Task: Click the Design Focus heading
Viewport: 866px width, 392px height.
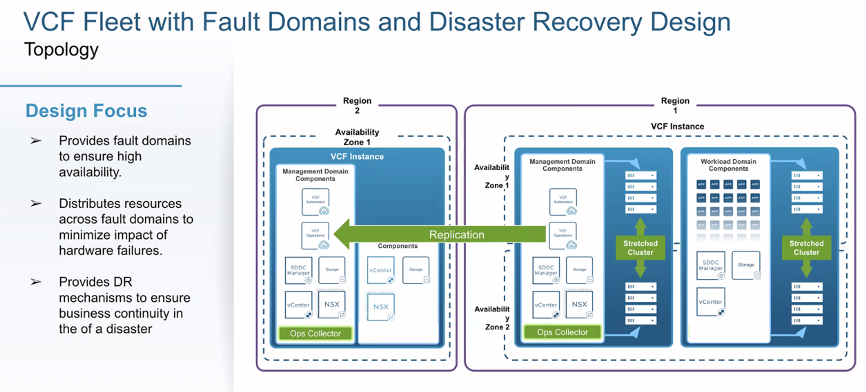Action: pyautogui.click(x=86, y=110)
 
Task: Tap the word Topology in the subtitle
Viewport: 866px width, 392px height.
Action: pyautogui.click(x=61, y=50)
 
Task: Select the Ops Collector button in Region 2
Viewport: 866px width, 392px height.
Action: pyautogui.click(x=315, y=333)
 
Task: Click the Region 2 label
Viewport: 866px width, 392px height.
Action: pyautogui.click(x=357, y=105)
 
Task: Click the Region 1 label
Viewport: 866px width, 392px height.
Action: pyautogui.click(x=675, y=105)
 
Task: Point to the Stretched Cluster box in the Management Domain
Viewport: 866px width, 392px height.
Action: pyautogui.click(x=640, y=248)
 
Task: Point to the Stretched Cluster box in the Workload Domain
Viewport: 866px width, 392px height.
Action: pyautogui.click(x=806, y=248)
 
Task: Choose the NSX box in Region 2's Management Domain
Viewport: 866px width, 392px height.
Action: pyautogui.click(x=332, y=305)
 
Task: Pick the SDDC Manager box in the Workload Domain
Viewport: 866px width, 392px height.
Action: pyautogui.click(x=710, y=265)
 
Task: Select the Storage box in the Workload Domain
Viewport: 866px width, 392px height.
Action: pyautogui.click(x=745, y=265)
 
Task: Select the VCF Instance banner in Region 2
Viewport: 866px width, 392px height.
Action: pyautogui.click(x=357, y=156)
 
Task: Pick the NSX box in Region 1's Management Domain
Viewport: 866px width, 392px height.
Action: pyautogui.click(x=579, y=305)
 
